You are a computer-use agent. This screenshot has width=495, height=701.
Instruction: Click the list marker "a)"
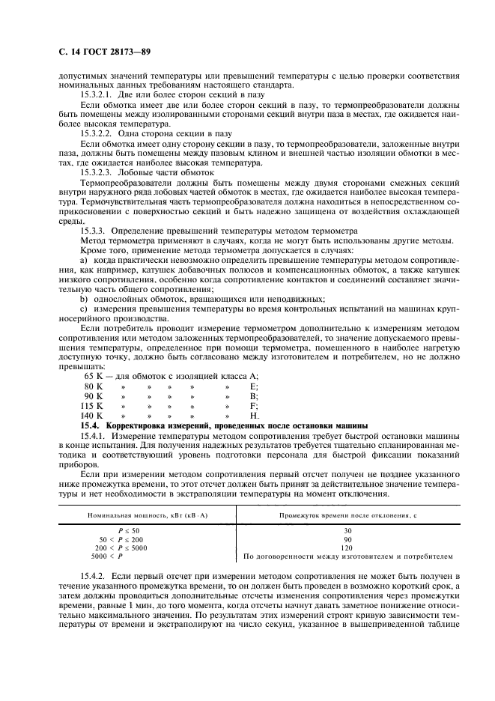point(85,259)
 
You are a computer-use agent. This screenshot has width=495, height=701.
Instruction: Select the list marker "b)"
point(85,297)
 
